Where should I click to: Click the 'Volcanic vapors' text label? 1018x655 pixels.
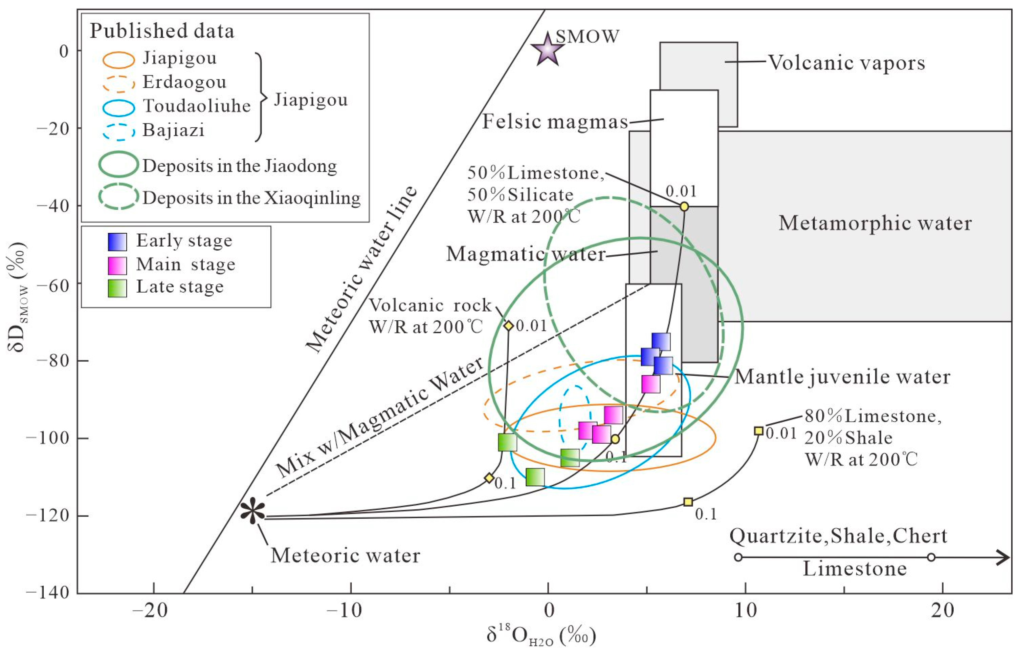[x=846, y=63]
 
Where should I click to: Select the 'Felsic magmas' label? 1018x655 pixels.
[x=555, y=122]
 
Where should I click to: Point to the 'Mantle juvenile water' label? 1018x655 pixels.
[x=842, y=377]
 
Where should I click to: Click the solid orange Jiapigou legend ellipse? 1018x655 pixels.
[x=118, y=60]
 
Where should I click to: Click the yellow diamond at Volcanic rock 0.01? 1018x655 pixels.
[x=508, y=326]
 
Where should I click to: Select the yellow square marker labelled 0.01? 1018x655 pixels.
[x=758, y=431]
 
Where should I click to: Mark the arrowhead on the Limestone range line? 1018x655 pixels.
[x=1003, y=557]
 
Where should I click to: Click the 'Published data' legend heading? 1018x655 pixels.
[x=162, y=31]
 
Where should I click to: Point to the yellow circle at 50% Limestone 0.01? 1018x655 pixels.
[x=684, y=206]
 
